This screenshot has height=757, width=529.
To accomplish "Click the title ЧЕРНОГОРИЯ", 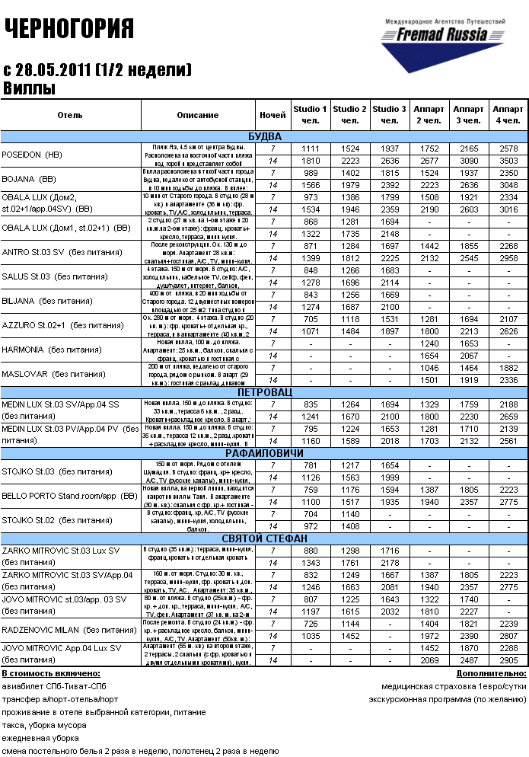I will pyautogui.click(x=70, y=28).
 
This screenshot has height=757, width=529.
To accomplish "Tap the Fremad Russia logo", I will pyautogui.click(x=444, y=42).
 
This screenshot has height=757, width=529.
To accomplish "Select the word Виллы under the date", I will pyautogui.click(x=30, y=88).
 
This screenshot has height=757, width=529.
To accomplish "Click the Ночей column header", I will pyautogui.click(x=272, y=114).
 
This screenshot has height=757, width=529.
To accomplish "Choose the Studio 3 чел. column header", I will pyautogui.click(x=390, y=114).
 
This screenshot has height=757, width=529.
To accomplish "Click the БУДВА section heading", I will pyautogui.click(x=264, y=136).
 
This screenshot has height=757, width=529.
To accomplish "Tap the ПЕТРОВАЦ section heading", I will pyautogui.click(x=264, y=391).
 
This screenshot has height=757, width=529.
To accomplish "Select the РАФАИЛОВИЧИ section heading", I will pyautogui.click(x=264, y=453).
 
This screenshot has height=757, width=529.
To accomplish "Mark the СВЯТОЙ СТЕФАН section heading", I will pyautogui.click(x=264, y=538).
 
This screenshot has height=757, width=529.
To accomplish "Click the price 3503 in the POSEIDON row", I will pyautogui.click(x=508, y=161).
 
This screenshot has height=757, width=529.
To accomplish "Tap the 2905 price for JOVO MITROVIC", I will pyautogui.click(x=508, y=660).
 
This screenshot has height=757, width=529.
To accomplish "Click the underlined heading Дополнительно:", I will pyautogui.click(x=492, y=674).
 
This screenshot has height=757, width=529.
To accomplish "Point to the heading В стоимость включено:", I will pyautogui.click(x=51, y=674).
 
